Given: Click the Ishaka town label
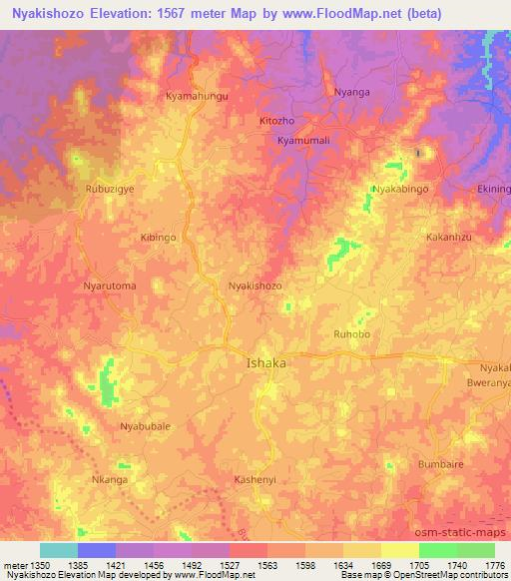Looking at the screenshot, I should [x=265, y=363].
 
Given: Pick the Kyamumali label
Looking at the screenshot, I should [x=303, y=141].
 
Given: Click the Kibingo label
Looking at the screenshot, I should [x=159, y=238].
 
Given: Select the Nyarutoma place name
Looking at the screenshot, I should [x=110, y=286].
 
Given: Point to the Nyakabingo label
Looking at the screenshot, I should [x=399, y=189].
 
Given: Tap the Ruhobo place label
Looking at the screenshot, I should [x=352, y=335].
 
